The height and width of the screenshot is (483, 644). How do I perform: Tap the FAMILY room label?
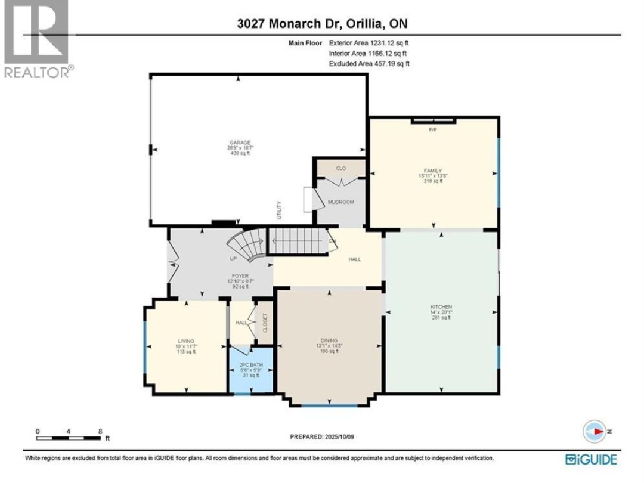432,171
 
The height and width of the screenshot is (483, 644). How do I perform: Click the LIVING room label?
186,341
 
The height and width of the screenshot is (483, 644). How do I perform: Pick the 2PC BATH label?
251,364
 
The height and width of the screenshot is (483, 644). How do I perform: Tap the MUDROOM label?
341,202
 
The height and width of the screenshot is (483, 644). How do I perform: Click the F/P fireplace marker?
434,129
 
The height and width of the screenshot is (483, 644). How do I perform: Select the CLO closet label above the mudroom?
341,169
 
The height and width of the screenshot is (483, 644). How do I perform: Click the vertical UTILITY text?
278,210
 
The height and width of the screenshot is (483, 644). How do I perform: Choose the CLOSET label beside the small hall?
265,323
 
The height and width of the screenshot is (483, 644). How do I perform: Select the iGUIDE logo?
591,459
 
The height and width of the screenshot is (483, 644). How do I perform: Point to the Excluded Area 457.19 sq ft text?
369,63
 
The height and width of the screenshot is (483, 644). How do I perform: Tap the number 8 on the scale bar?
100,431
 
